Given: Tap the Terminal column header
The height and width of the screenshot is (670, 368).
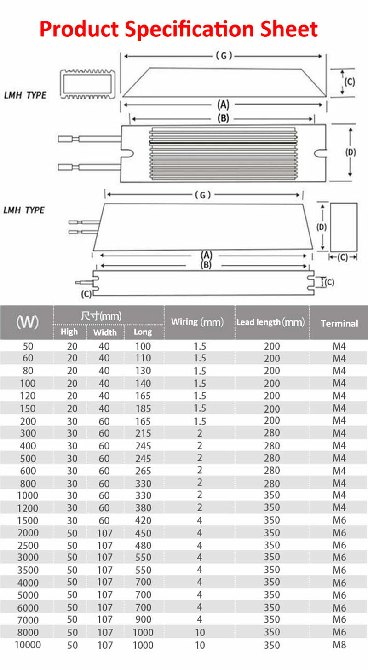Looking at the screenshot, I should (339, 324).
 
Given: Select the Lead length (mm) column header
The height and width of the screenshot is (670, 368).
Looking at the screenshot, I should (270, 322).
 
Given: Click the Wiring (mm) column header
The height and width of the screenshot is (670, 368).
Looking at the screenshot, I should (197, 322).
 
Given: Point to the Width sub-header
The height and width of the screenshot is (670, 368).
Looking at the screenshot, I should (105, 332).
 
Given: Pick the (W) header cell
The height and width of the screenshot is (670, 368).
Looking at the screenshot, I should (27, 322).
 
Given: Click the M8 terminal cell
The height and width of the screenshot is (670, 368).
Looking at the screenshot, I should (339, 645).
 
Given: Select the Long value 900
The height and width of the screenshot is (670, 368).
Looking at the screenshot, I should (143, 620).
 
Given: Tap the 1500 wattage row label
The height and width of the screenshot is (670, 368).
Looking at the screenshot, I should (28, 520).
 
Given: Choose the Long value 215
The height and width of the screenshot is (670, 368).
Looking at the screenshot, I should (143, 433).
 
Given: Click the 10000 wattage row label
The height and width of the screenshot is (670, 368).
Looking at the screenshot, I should (28, 645).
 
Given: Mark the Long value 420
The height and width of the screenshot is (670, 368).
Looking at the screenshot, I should (143, 520).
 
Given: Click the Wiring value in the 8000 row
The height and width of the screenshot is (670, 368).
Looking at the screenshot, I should (200, 632).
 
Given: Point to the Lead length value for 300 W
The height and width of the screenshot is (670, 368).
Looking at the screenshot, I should (271, 433).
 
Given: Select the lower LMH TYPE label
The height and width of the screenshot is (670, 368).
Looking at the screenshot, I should (23, 210).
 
